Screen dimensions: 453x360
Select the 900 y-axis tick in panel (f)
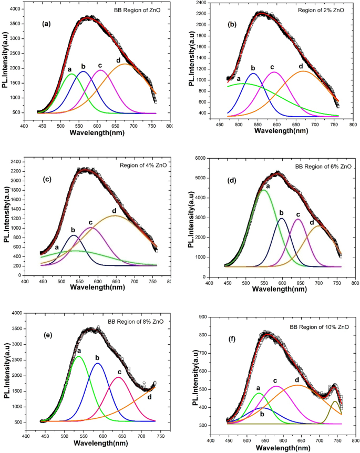pos(201,317)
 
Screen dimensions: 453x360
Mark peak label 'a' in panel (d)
pos(268,186)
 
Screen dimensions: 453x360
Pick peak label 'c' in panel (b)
pos(272,67)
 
